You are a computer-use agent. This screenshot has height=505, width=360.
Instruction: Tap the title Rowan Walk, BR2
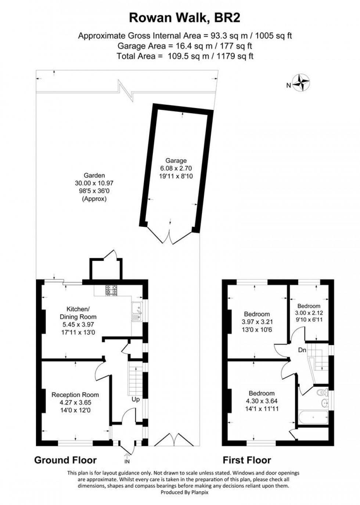[x=185, y=17]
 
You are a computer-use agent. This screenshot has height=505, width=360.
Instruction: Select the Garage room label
[x=176, y=161]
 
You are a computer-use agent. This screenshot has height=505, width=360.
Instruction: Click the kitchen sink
[x=137, y=311]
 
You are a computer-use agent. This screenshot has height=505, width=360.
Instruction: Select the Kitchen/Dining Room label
[x=78, y=313]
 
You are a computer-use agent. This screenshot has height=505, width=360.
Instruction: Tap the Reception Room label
[x=75, y=395]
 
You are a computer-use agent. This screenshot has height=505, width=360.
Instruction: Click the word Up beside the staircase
[x=136, y=399]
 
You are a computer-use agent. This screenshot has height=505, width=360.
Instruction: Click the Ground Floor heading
[x=65, y=460]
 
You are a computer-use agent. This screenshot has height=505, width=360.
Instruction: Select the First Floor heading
[x=247, y=460]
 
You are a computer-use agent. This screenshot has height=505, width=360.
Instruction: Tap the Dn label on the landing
[x=302, y=350]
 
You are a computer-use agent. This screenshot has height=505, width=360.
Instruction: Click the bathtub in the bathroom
[x=313, y=417]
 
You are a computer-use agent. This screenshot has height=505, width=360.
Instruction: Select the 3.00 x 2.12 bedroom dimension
[x=309, y=312]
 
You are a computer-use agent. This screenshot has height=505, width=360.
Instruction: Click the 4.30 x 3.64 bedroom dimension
[x=262, y=401]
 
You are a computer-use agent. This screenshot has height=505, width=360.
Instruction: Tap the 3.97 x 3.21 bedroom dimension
[x=257, y=322]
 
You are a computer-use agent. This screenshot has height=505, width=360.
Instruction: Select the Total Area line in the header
[x=185, y=56]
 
